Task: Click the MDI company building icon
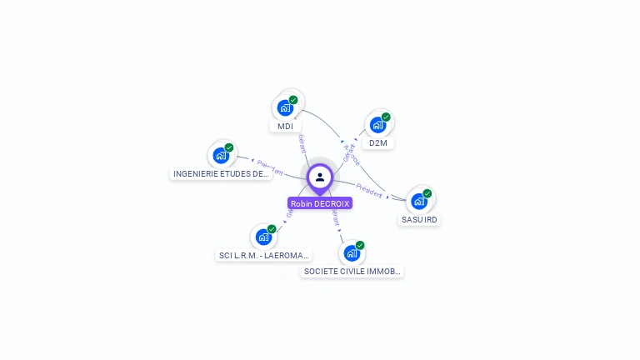(x=285, y=107)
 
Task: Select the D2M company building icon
(x=378, y=125)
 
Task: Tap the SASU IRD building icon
(x=419, y=201)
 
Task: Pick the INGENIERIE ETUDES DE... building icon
(x=221, y=155)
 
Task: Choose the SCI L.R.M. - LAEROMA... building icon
(x=264, y=237)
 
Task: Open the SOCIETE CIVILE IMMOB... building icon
(x=352, y=252)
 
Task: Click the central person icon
(x=320, y=177)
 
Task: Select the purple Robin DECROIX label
(x=320, y=203)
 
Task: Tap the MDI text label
(x=286, y=127)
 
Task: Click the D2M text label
(x=378, y=143)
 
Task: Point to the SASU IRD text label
(x=419, y=220)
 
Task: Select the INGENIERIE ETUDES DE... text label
(x=221, y=174)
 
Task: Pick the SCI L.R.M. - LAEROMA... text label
(x=264, y=256)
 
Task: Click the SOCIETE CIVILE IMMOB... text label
(x=352, y=272)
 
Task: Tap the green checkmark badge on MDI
(x=293, y=100)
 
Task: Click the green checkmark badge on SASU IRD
(x=427, y=193)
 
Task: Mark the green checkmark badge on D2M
(x=386, y=117)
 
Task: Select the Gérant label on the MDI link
(x=302, y=143)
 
